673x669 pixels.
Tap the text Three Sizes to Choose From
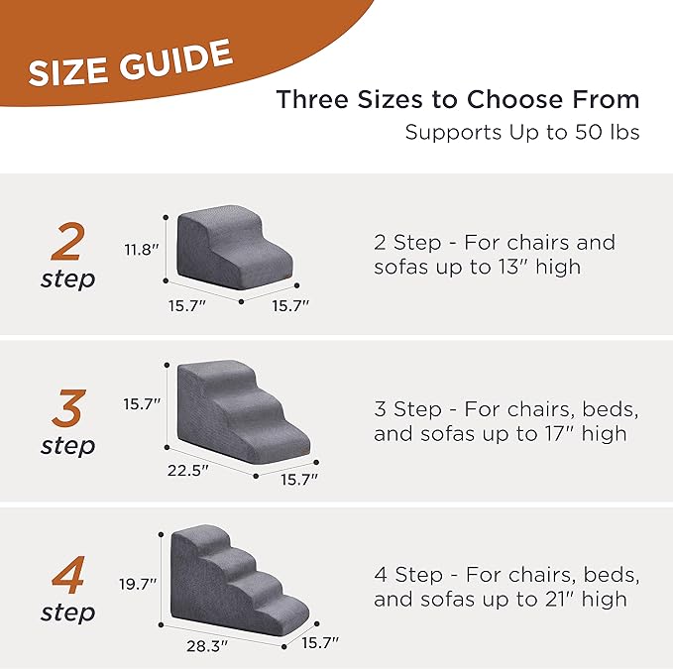coord(457,100)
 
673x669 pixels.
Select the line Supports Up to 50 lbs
coord(521,132)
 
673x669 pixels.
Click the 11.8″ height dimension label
coord(142,250)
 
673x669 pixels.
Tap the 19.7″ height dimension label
coord(140,585)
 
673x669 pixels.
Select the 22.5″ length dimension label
coord(188,471)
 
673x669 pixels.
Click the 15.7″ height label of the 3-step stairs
coord(142,404)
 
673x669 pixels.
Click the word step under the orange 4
coord(68,613)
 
